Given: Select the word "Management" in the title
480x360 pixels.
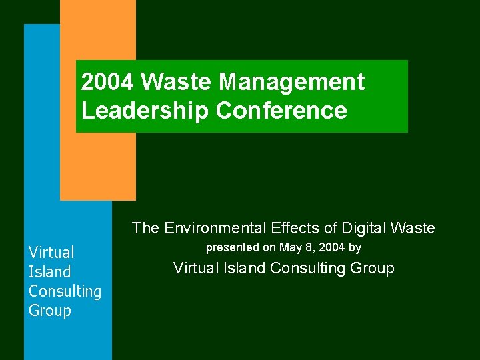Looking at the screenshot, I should coord(291,82).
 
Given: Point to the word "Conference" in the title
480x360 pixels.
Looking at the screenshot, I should coord(281,111).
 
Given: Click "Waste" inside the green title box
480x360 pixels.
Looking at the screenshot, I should coord(177,82).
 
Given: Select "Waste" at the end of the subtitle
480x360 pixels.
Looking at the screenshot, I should coord(413,228).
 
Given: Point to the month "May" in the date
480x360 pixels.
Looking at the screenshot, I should coord(290,248).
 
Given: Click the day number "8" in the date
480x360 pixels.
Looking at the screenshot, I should coord(309,247).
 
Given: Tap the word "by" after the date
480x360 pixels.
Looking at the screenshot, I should coord(355,248).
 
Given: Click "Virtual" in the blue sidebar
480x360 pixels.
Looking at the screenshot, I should coord(51,252).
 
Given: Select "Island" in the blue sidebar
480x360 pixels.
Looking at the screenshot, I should coord(49,271).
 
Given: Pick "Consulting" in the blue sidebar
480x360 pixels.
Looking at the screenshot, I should coord(65,291).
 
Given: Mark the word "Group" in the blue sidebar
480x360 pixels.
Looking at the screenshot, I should coord(49,311).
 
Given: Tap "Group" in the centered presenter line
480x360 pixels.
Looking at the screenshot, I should coord(373,268).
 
